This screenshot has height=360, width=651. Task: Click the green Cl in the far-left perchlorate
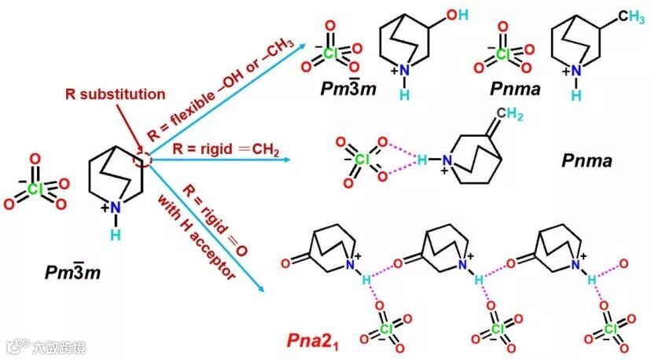click(35, 189)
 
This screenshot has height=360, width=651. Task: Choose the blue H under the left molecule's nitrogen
click(116, 235)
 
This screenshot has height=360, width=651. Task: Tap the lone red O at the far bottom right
click(623, 263)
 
